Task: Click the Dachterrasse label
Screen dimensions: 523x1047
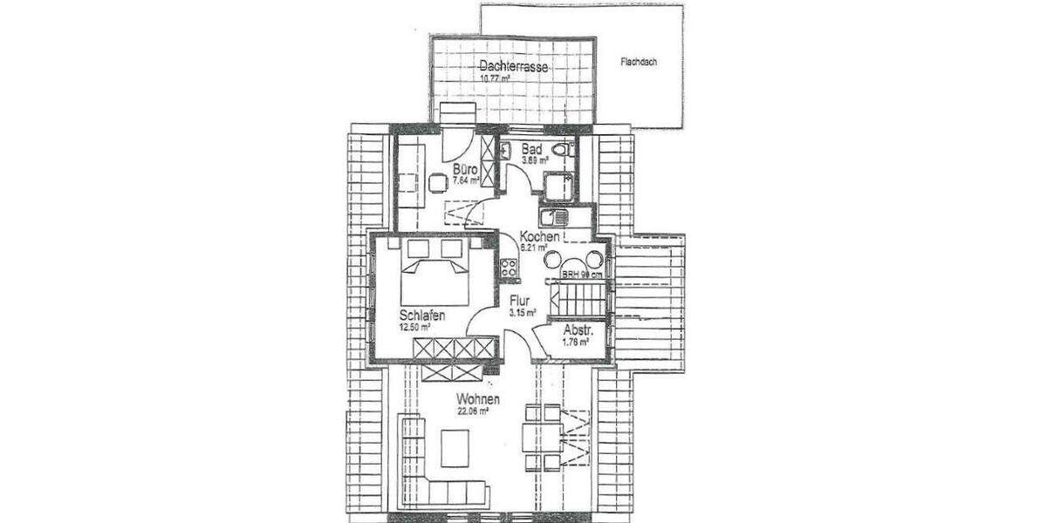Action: click(x=512, y=66)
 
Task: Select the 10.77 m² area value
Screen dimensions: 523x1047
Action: click(x=496, y=78)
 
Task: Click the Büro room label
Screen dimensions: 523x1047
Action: click(x=463, y=169)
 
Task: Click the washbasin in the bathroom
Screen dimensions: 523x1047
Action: click(x=505, y=149)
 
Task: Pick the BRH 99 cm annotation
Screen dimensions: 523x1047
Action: click(x=582, y=275)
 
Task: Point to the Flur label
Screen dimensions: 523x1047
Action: click(x=520, y=302)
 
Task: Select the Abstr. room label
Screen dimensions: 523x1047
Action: click(x=577, y=330)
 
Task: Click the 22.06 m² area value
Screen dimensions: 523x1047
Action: click(x=471, y=412)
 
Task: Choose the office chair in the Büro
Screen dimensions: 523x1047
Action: click(x=436, y=182)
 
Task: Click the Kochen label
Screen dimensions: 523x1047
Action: click(x=538, y=236)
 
